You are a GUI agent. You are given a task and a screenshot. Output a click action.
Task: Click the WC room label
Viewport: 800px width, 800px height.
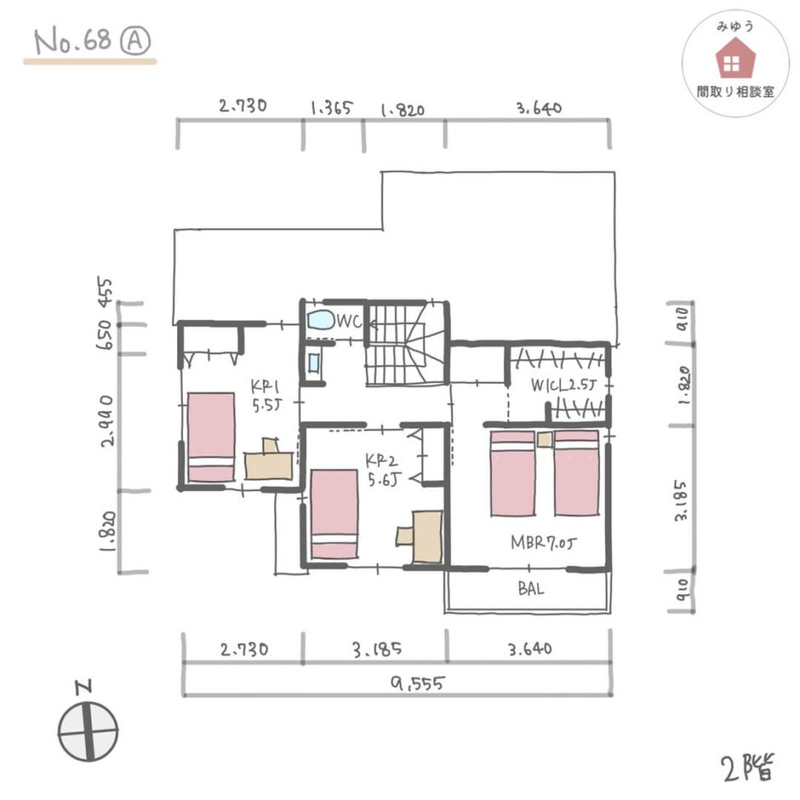point(349,321)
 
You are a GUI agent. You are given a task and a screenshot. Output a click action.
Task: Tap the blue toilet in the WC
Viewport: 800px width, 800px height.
point(320,320)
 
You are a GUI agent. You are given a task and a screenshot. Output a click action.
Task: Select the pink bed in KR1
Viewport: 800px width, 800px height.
point(211,437)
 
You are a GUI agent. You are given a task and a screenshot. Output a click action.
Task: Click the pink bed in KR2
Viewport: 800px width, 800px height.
point(334,514)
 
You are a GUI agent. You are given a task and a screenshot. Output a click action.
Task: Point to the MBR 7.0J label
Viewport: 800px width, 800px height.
point(543,542)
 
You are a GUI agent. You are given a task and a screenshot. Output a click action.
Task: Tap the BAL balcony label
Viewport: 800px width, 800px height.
point(530,589)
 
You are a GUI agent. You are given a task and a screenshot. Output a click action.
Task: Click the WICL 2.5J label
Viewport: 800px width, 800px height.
point(563,385)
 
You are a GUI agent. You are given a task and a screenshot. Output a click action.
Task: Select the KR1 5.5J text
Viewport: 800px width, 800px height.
point(266,396)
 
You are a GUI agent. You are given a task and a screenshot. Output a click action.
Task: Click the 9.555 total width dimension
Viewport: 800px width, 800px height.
point(417,683)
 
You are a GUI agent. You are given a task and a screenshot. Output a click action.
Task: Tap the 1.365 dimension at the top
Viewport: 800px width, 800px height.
point(332,107)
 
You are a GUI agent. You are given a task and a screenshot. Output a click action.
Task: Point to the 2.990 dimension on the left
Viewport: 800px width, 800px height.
point(107,421)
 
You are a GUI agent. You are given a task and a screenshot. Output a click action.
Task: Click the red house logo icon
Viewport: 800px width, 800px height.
point(734,58)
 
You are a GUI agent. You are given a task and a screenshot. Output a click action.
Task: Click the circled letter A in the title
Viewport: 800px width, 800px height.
point(135,41)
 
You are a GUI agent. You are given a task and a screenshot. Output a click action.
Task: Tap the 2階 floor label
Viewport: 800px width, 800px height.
point(747,767)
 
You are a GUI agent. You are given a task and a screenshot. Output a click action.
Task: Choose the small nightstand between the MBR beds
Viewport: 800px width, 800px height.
point(545,439)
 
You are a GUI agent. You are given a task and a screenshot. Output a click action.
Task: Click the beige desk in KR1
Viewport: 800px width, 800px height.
point(268,460)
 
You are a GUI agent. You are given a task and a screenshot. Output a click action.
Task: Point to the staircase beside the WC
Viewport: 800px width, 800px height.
point(407,344)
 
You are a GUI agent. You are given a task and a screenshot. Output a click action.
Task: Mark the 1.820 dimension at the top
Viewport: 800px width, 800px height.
point(403,110)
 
